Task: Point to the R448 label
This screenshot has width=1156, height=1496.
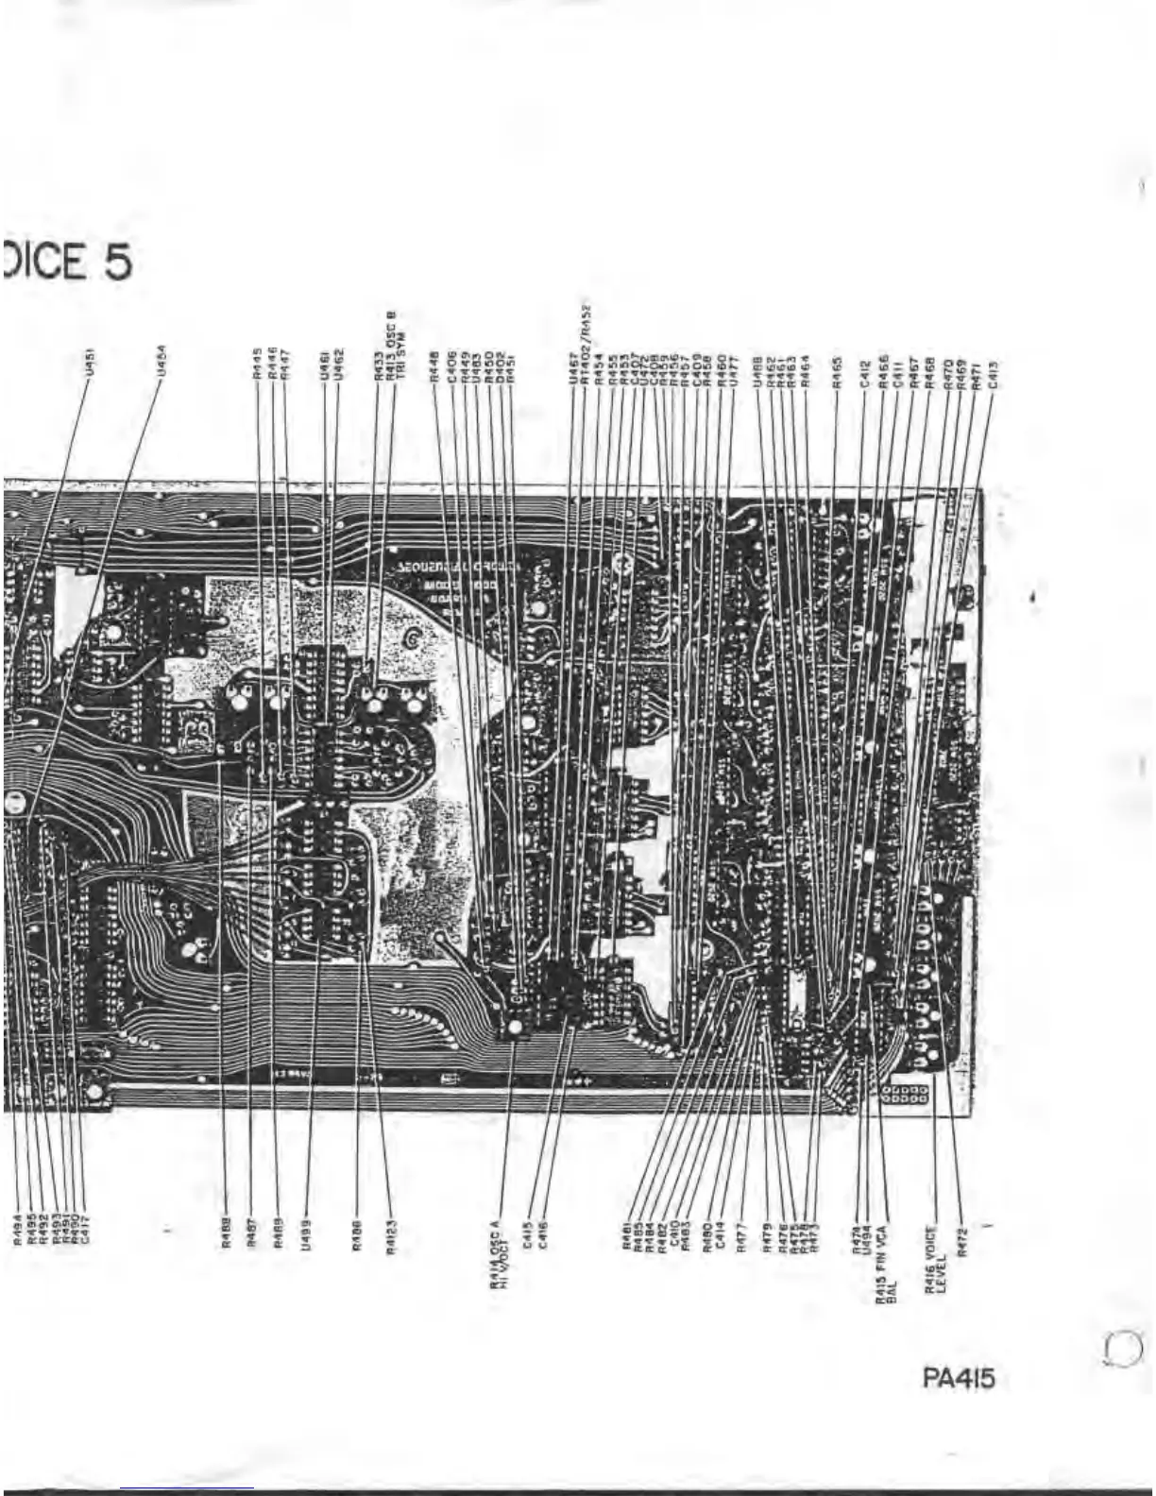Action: pyautogui.click(x=433, y=366)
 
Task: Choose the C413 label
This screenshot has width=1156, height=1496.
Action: pyautogui.click(x=993, y=372)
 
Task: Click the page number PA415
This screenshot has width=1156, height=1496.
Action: pyautogui.click(x=958, y=1379)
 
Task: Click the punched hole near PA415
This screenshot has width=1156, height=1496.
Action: pyautogui.click(x=1122, y=1348)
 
